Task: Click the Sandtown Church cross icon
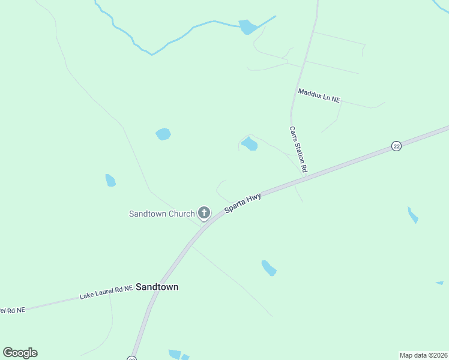coord(204,212)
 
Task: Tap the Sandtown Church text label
coord(161,214)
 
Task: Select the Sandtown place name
coord(157,287)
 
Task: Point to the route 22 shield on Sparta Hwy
coord(396,146)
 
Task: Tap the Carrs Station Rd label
coord(298,149)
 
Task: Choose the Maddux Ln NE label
coord(319,95)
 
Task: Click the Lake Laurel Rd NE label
coord(106,293)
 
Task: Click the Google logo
coord(20,353)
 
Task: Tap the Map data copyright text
coord(423,355)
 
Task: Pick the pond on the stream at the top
coord(247,27)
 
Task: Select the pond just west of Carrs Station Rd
coord(249,143)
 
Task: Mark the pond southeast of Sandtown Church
coord(268,268)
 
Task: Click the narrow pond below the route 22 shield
coord(412,215)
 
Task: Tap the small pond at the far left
coord(110,180)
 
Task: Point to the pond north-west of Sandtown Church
coord(163,134)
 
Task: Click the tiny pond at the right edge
coord(439,283)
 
